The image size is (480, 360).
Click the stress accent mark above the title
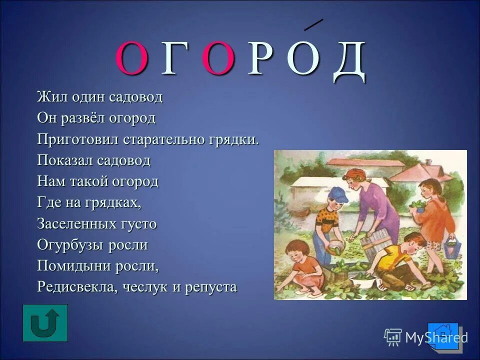(313, 24)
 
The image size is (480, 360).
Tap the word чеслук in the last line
(151, 287)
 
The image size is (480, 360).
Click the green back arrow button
(45, 323)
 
